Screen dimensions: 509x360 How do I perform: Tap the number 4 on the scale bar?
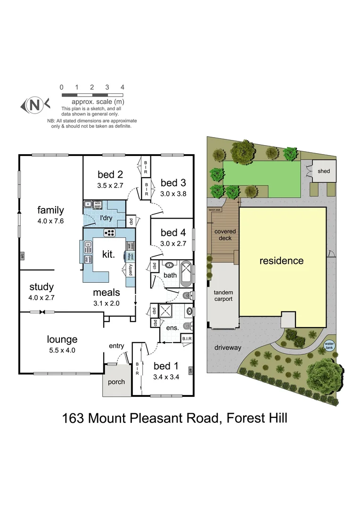(x=122, y=88)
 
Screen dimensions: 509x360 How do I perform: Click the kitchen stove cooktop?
(x=109, y=232)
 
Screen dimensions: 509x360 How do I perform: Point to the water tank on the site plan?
(x=329, y=347)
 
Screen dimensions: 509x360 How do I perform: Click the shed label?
(x=324, y=171)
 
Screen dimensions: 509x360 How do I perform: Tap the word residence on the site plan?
(x=281, y=261)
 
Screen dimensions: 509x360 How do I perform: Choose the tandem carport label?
(x=223, y=296)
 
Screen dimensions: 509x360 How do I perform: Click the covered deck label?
(x=225, y=235)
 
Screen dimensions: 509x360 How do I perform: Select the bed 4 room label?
(x=170, y=233)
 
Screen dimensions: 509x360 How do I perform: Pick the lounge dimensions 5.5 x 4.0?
(x=62, y=350)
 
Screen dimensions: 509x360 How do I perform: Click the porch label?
(x=116, y=382)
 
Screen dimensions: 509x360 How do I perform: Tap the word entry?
(x=116, y=346)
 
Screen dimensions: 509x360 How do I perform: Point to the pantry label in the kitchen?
(x=130, y=270)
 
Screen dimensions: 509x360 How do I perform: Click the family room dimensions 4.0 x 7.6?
(x=50, y=221)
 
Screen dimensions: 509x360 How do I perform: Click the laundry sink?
(x=89, y=204)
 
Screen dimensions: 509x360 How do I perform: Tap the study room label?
(x=41, y=287)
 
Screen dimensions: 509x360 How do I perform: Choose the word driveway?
(x=228, y=348)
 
